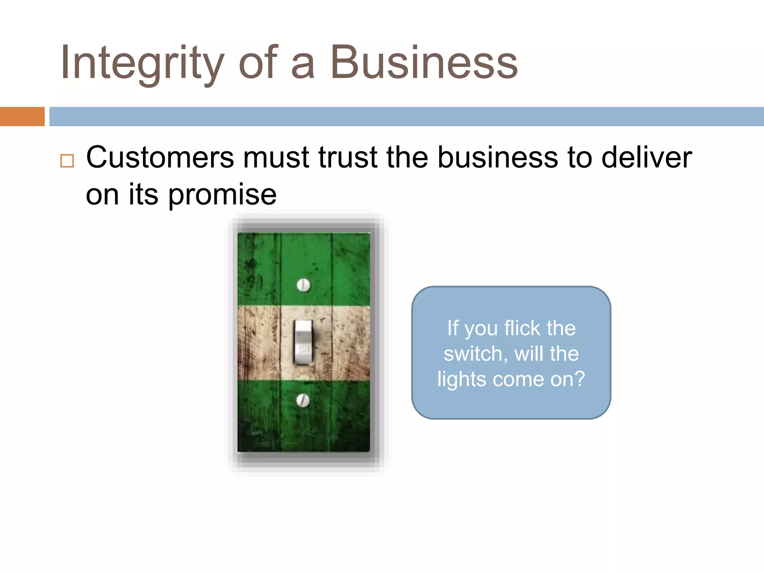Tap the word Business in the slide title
[424, 63]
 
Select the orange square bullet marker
[67, 161]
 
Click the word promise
[222, 195]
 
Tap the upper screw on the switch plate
[304, 285]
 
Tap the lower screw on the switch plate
[303, 400]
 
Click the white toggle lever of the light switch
[304, 341]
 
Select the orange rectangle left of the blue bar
[22, 116]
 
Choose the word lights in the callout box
[462, 379]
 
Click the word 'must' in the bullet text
[276, 157]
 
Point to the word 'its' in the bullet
[144, 195]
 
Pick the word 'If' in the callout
[453, 328]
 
